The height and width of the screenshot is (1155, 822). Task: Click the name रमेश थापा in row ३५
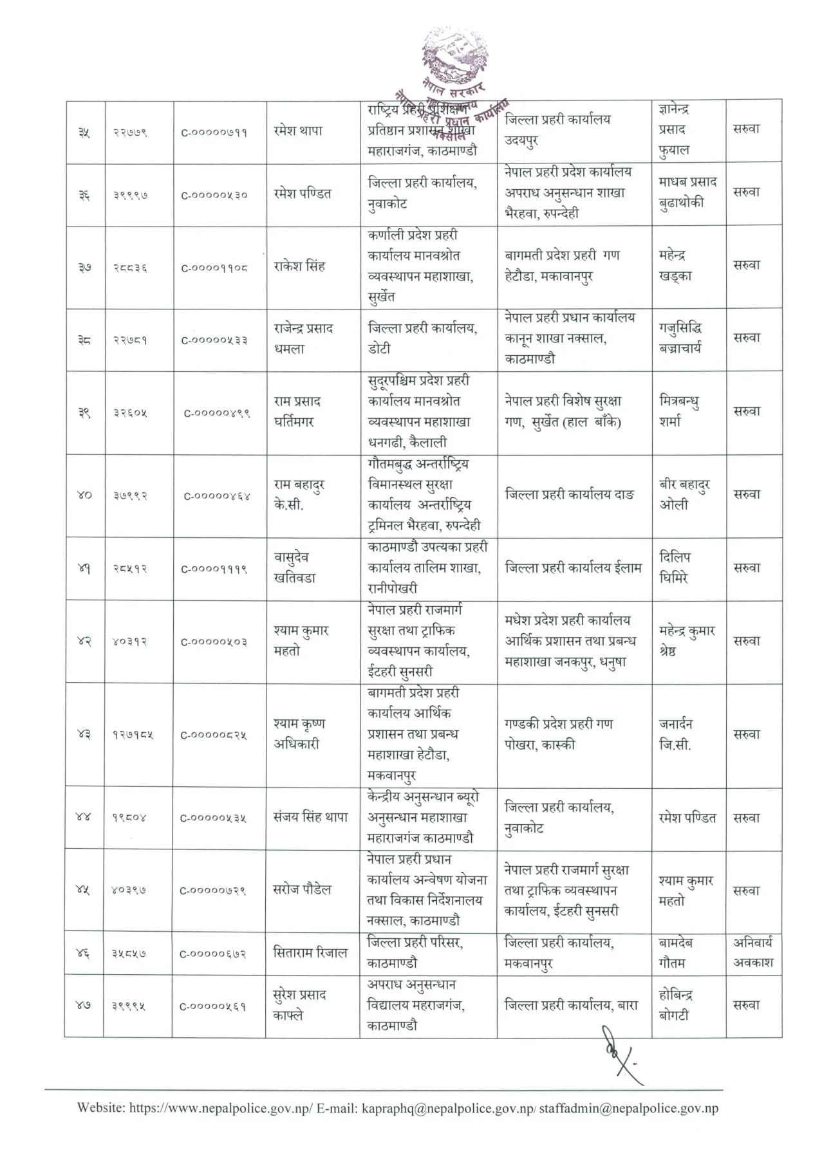pyautogui.click(x=297, y=131)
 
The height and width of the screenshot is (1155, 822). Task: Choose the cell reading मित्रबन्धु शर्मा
pyautogui.click(x=679, y=411)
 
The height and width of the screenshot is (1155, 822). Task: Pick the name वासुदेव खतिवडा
pyautogui.click(x=295, y=568)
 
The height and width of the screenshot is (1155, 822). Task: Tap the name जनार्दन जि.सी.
pyautogui.click(x=675, y=735)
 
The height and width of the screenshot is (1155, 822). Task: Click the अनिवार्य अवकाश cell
pyautogui.click(x=752, y=953)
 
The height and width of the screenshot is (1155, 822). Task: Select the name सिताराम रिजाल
pyautogui.click(x=310, y=953)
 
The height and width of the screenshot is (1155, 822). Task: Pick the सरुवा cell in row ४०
pyautogui.click(x=746, y=495)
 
